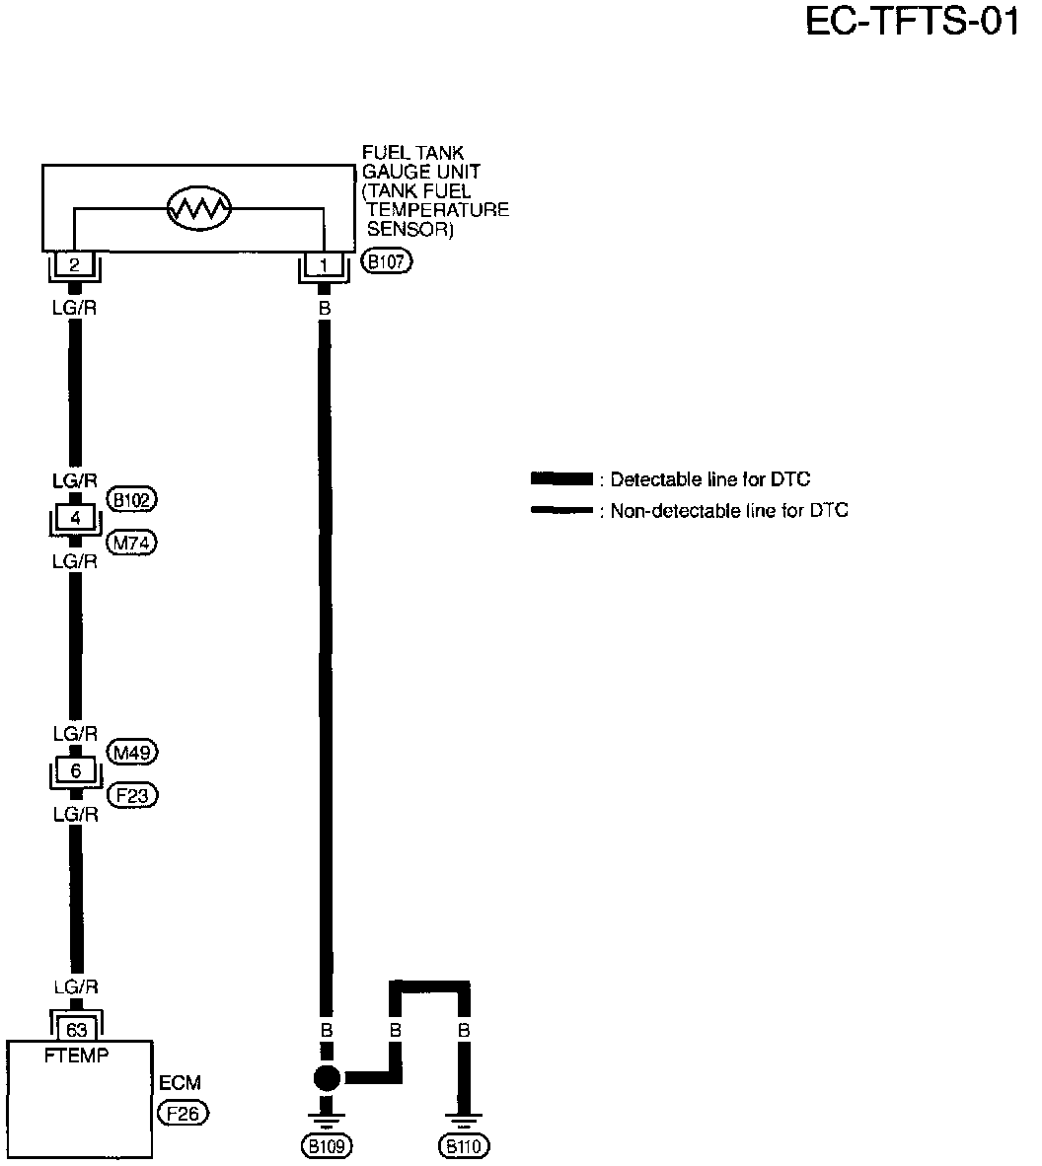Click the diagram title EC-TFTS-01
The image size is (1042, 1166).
912,22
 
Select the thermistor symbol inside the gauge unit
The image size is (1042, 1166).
199,207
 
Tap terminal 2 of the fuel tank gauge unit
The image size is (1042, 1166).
73,264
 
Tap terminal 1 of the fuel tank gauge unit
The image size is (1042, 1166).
324,264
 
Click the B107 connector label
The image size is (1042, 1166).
387,262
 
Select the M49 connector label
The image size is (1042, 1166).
132,752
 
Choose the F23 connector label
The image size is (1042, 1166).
132,794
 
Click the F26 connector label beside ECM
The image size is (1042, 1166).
184,1114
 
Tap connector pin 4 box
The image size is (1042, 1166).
74,518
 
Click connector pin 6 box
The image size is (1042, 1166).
74,770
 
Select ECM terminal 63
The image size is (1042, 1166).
76,1029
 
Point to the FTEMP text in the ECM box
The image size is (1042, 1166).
78,1055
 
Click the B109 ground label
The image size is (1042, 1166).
326,1146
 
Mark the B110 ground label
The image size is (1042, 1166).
465,1146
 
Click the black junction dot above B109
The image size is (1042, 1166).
326,1078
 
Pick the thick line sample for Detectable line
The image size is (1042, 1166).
561,479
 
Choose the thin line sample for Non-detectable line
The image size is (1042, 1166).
561,510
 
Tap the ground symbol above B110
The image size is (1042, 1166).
464,1121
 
